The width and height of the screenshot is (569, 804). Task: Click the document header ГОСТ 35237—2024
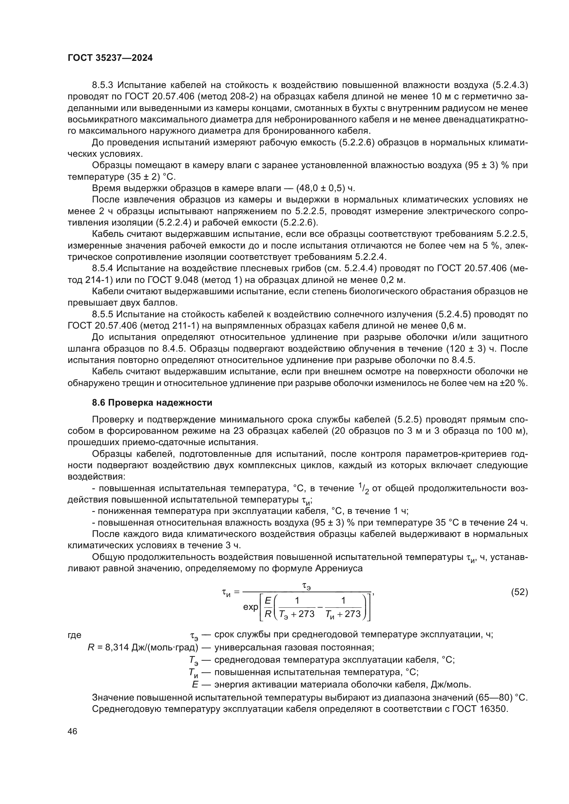[110, 58]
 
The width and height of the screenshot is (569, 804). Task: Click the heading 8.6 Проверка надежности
[152, 403]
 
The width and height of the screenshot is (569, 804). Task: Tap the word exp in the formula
[250, 607]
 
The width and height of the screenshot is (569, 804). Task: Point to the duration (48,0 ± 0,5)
[320, 188]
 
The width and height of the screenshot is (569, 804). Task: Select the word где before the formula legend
[74, 635]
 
